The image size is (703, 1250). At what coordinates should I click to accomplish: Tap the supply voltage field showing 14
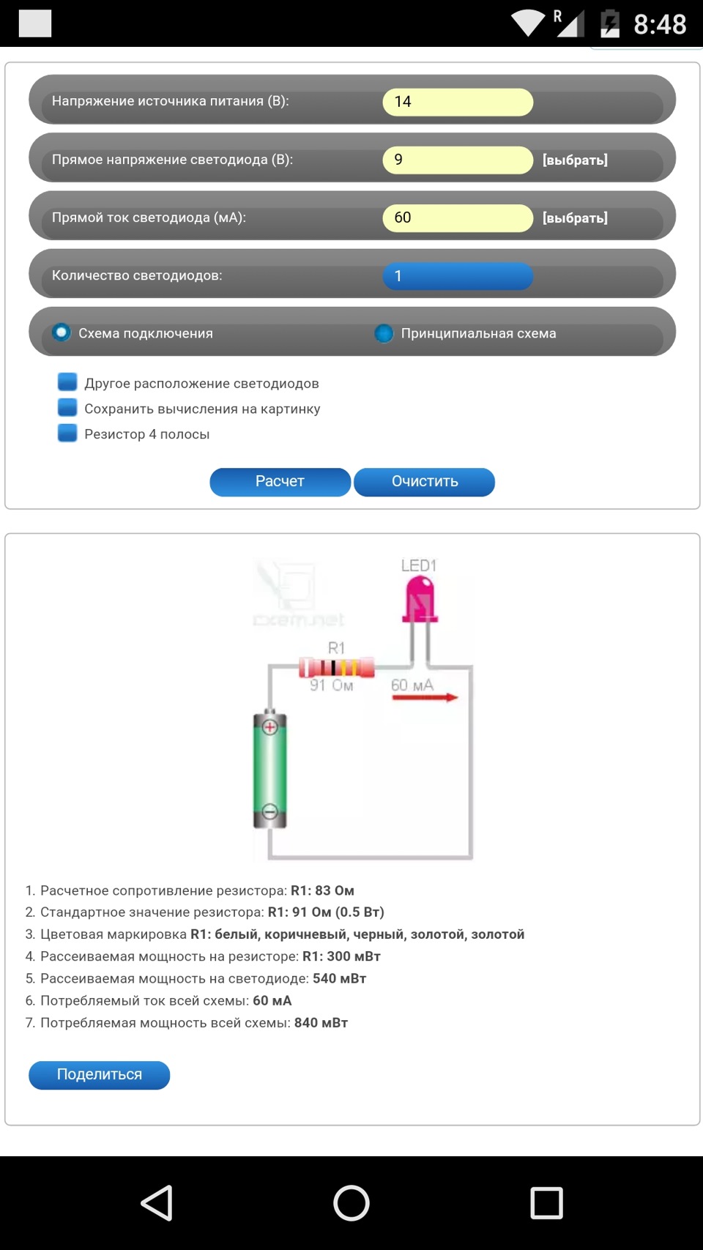pyautogui.click(x=458, y=102)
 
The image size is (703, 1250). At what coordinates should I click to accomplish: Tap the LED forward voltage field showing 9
pyautogui.click(x=458, y=160)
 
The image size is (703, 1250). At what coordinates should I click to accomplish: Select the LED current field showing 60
pyautogui.click(x=458, y=217)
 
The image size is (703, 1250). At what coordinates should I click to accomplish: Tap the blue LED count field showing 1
pyautogui.click(x=458, y=276)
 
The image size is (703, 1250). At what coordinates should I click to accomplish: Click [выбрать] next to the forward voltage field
pyautogui.click(x=575, y=160)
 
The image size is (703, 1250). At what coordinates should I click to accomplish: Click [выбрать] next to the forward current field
pyautogui.click(x=575, y=217)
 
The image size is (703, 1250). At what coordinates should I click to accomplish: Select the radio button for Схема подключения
pyautogui.click(x=62, y=332)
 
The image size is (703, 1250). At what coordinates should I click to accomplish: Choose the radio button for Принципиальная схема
pyautogui.click(x=384, y=333)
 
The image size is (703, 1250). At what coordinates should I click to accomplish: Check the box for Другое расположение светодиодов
pyautogui.click(x=67, y=382)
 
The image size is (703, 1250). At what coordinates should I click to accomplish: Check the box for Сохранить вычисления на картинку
pyautogui.click(x=67, y=408)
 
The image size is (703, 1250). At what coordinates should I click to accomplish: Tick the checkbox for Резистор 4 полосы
pyautogui.click(x=67, y=433)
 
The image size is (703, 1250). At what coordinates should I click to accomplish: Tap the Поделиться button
pyautogui.click(x=100, y=1074)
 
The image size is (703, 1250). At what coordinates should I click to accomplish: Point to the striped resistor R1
pyautogui.click(x=337, y=667)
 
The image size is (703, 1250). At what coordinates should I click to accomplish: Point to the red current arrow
pyautogui.click(x=425, y=697)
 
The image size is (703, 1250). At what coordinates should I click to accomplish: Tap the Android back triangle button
pyautogui.click(x=157, y=1202)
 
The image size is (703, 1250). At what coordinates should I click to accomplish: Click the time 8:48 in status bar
pyautogui.click(x=660, y=24)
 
